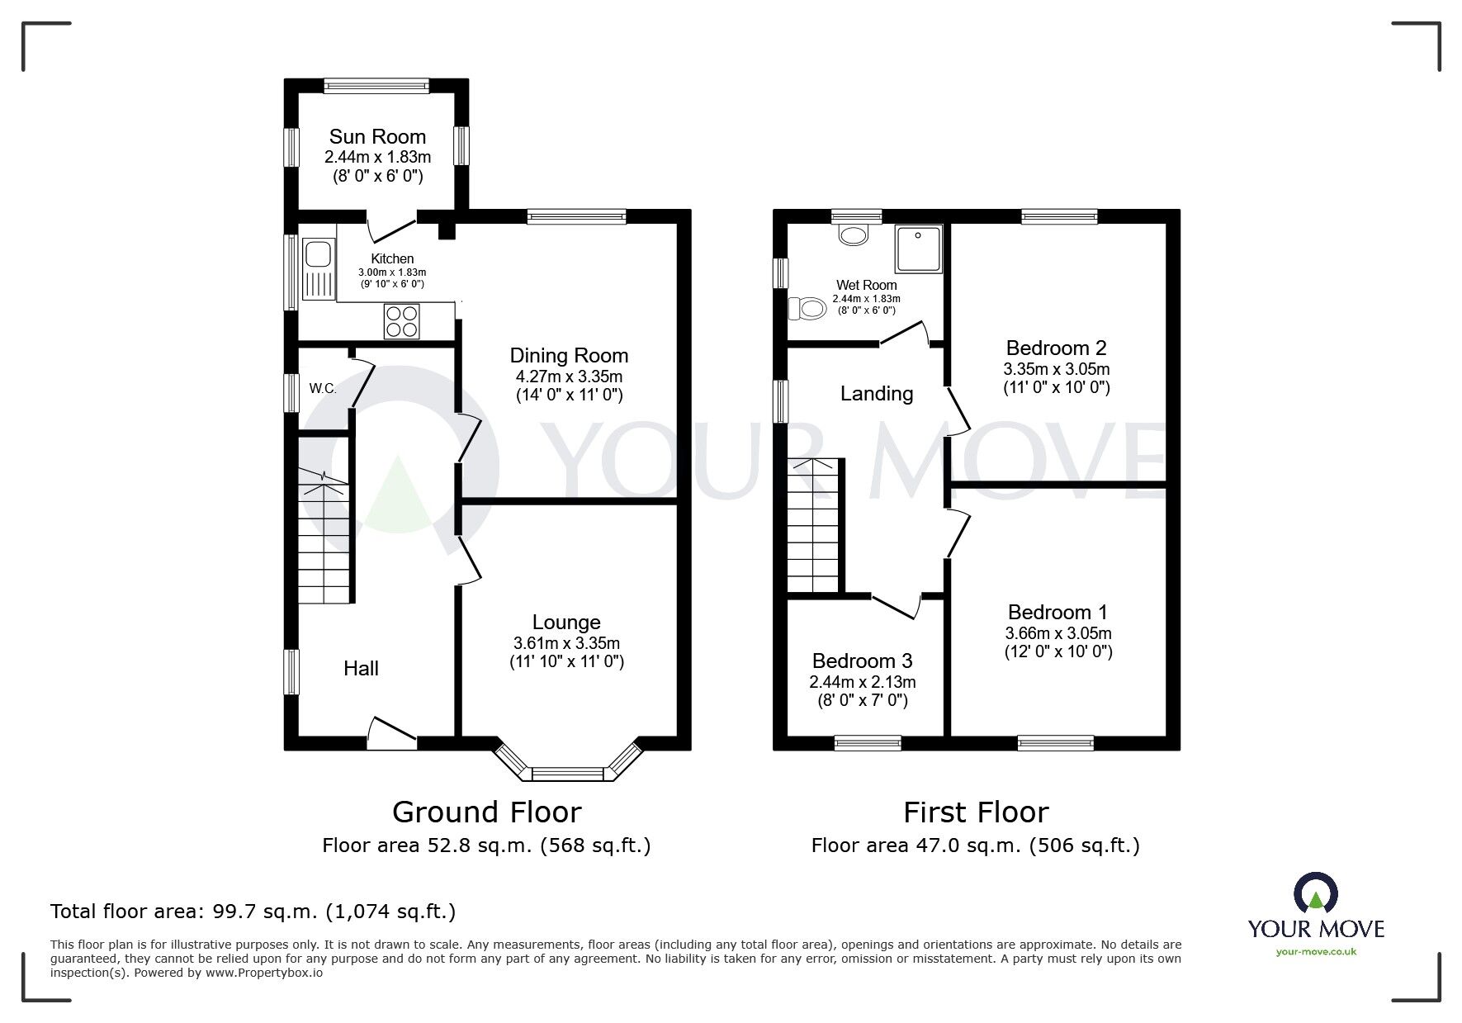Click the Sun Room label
[377, 136]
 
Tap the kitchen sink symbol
[318, 269]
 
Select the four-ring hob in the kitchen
[402, 321]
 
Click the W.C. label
[323, 388]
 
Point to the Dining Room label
[569, 356]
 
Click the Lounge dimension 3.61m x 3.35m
[566, 643]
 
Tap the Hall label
[361, 668]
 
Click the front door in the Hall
[391, 732]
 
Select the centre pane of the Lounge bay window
[569, 774]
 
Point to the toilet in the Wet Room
[807, 309]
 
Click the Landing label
[877, 394]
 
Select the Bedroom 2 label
[1056, 348]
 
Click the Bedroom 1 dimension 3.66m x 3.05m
[1057, 633]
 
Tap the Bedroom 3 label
[862, 661]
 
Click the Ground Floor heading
[486, 812]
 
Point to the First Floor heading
[976, 812]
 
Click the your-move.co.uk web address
[1316, 951]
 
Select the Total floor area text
[253, 912]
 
